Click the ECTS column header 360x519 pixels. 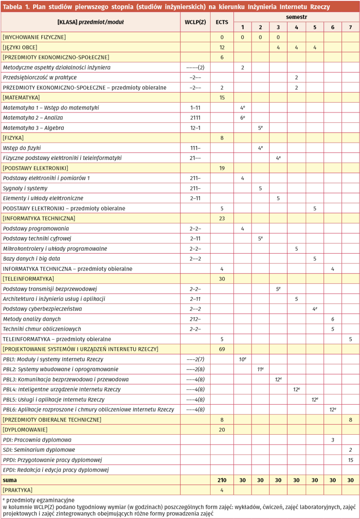click(222, 22)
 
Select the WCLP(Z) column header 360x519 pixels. click(195, 22)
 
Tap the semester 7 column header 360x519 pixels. click(350, 27)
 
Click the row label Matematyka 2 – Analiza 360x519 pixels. click(33, 118)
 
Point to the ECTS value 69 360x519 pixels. click(222, 349)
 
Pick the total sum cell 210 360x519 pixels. click(222, 480)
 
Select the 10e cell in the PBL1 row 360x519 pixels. click(242, 359)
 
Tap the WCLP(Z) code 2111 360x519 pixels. click(195, 118)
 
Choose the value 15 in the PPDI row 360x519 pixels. click(350, 460)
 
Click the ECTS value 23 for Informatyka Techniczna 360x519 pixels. click(222, 218)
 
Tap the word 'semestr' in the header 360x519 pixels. click(296, 17)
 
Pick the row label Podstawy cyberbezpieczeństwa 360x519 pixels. click(42, 309)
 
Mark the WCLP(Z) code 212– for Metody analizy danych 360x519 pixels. click(195, 319)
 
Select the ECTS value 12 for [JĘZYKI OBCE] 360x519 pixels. click(222, 47)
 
